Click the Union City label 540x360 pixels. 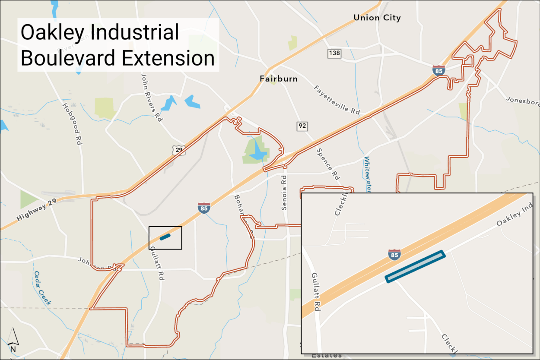pos(377,18)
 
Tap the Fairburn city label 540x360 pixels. pos(279,79)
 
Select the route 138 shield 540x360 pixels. pos(334,53)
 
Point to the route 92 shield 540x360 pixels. pos(302,126)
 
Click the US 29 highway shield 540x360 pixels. pos(178,150)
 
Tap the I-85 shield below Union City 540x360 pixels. pos(438,70)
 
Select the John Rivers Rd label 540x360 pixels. pos(151,97)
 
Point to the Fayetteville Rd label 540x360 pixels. pos(337,99)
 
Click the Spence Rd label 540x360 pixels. pos(328,164)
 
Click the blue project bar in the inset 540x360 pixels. pos(415,267)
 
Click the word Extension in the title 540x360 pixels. pos(168,58)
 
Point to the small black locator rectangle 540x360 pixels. pos(165,238)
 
